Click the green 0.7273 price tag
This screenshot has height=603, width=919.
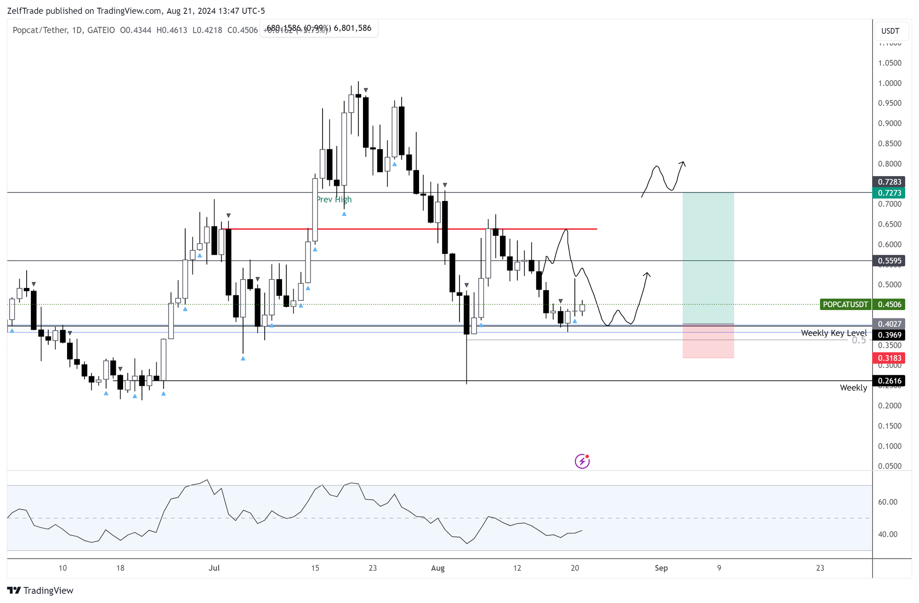point(889,193)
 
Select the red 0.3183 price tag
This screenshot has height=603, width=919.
point(889,358)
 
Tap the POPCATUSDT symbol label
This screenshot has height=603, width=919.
point(845,304)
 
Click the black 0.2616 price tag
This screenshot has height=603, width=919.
point(889,381)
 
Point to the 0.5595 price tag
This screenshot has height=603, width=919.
point(889,261)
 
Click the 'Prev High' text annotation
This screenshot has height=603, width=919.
point(334,200)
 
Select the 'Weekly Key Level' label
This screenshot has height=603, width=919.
point(834,333)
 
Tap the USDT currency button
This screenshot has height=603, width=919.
point(890,31)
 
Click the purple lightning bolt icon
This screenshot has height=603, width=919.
point(582,461)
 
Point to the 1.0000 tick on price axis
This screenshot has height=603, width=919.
point(890,83)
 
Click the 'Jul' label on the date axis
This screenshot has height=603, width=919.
point(214,568)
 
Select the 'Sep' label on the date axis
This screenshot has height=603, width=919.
point(661,568)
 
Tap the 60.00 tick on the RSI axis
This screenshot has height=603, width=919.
point(888,502)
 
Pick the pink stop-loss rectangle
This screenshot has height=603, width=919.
point(708,341)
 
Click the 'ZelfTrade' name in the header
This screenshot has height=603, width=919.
point(26,11)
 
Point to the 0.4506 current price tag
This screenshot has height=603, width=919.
point(890,304)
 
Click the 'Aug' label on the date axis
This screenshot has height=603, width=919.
point(438,568)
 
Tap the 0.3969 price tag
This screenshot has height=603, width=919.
point(889,335)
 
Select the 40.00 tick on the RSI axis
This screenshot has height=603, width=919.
point(888,534)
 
